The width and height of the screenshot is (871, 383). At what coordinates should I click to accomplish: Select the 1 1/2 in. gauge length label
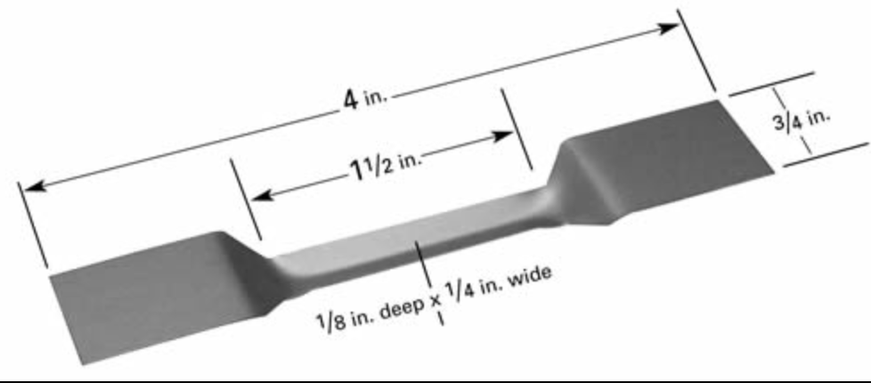[387, 167]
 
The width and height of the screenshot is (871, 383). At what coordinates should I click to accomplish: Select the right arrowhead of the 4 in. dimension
[668, 28]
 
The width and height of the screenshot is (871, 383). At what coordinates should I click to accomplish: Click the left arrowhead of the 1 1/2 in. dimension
[262, 196]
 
